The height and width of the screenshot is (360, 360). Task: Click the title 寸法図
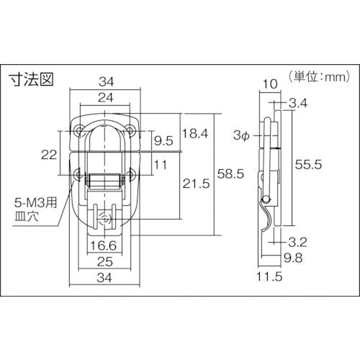tap(31, 79)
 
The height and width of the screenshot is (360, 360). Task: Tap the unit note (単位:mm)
tap(319, 77)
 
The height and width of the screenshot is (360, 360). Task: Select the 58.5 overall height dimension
tap(230, 174)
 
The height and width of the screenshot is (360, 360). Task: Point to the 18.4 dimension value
tap(195, 133)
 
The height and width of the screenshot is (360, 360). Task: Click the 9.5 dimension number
tap(163, 140)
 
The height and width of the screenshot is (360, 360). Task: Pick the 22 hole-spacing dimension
tap(49, 155)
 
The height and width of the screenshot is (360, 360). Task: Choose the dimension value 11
tap(161, 165)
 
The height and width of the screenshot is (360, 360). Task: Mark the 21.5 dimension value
tap(196, 184)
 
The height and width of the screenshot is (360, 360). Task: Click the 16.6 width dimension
tap(103, 246)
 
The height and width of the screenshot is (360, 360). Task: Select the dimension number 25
tap(105, 261)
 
